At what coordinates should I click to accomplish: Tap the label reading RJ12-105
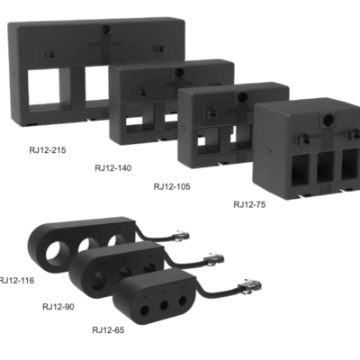[173, 186]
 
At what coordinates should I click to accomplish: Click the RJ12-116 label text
[17, 281]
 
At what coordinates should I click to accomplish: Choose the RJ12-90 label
[60, 306]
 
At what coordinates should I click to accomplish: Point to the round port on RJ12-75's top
[325, 119]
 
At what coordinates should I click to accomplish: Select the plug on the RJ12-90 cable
[214, 260]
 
